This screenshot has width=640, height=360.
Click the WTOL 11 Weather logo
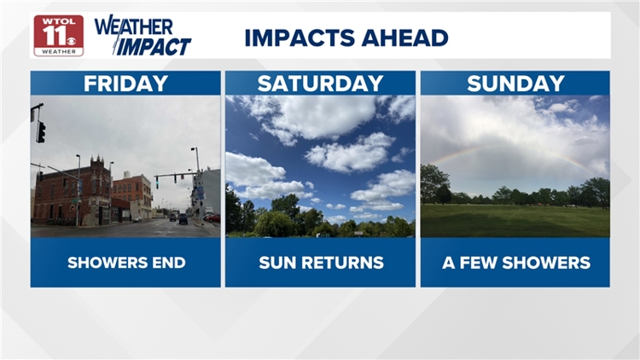59,36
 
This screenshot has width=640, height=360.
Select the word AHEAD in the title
404,38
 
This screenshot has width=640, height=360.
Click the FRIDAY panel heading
125,84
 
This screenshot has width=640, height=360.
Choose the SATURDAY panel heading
320,84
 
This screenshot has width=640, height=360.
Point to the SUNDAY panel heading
515,84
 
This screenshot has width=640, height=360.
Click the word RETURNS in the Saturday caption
343,263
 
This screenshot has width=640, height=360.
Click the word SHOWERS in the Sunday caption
546,263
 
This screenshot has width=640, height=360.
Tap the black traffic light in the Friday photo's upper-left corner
40,132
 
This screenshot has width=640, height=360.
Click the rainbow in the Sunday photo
510,151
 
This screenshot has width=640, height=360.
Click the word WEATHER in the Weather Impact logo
134,26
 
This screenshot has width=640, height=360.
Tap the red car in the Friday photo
212,218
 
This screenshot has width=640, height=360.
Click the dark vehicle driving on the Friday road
183,218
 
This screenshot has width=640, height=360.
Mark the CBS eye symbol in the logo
71,41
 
